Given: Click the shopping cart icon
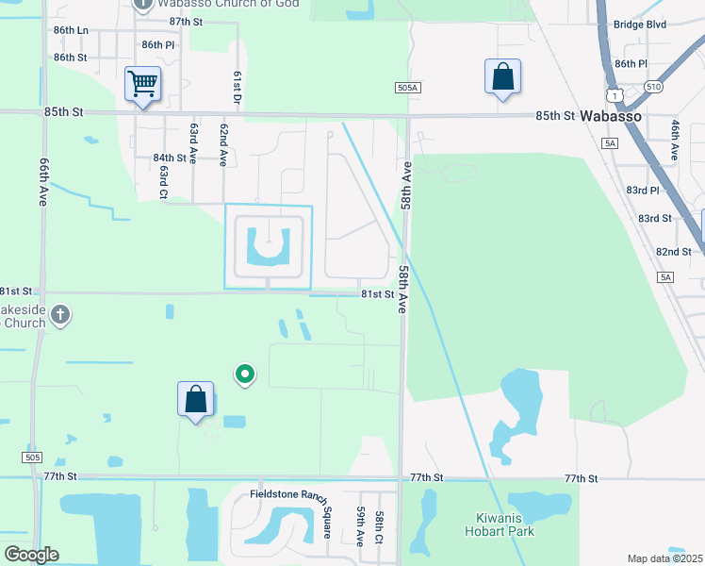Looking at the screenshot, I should click(x=142, y=83).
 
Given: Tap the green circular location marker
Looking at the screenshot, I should click(x=245, y=375).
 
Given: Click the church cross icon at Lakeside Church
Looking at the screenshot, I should click(x=60, y=315).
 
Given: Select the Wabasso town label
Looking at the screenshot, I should click(x=611, y=115).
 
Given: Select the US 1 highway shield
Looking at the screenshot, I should click(x=615, y=95).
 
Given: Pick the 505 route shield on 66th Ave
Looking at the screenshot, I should click(x=33, y=458).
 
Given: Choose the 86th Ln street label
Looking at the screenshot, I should click(x=71, y=30).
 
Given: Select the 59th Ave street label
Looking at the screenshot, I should click(x=360, y=525).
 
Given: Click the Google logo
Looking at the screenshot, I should click(x=31, y=555).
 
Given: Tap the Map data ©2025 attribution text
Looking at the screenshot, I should click(x=664, y=558).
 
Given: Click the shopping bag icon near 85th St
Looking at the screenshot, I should click(x=503, y=76).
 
